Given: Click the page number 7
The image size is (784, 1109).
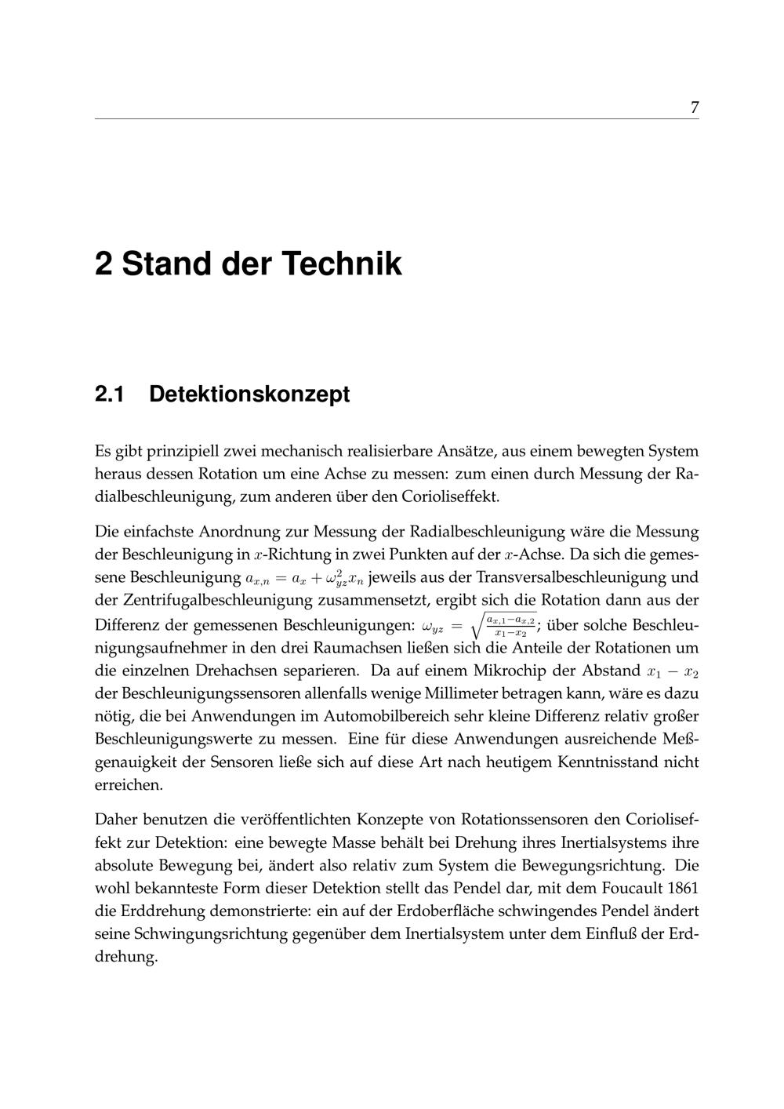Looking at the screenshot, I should click(x=694, y=107).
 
